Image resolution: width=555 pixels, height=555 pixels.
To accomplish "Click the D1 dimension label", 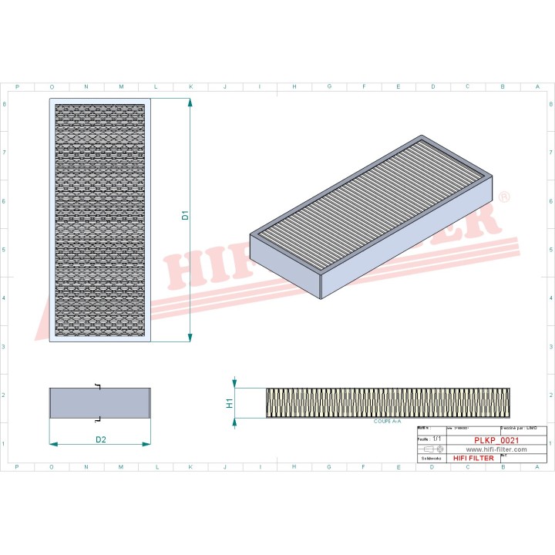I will (x=185, y=217).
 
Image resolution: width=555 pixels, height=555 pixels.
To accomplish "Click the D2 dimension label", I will (x=100, y=439).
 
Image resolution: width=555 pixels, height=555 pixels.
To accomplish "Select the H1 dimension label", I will (x=229, y=402).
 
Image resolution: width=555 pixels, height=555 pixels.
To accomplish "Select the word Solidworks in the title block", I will (x=429, y=459).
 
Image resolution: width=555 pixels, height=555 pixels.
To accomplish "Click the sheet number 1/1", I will (x=437, y=438).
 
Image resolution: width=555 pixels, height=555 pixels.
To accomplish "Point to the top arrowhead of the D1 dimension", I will (x=190, y=103).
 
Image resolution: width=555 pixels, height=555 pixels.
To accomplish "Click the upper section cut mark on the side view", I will (x=97, y=385).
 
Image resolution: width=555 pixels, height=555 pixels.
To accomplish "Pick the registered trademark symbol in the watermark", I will (x=504, y=198).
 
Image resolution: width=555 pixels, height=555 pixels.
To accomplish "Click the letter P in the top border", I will (x=17, y=86).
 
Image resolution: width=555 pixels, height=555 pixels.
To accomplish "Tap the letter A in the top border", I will (x=537, y=86).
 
